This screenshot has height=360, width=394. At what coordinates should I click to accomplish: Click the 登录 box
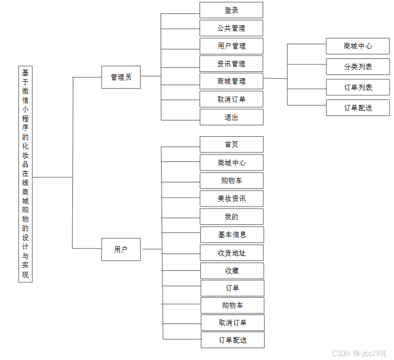click(x=231, y=10)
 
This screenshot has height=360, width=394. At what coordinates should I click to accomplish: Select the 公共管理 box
click(x=231, y=28)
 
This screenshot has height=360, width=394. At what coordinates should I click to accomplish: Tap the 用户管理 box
click(x=231, y=46)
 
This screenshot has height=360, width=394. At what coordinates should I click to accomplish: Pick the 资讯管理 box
click(x=231, y=64)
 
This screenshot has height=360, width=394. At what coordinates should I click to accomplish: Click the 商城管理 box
click(x=231, y=81)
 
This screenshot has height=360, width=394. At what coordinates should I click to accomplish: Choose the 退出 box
click(x=231, y=117)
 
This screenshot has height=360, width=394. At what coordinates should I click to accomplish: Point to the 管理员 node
click(x=121, y=77)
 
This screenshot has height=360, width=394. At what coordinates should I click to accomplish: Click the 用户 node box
click(x=121, y=249)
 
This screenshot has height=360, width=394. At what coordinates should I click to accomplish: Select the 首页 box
click(x=231, y=145)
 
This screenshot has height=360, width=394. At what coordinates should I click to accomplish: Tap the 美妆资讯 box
click(x=231, y=199)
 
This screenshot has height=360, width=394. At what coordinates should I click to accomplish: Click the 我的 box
click(x=231, y=217)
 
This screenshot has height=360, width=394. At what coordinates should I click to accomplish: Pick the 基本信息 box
click(x=231, y=235)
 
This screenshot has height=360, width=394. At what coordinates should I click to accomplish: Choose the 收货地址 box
click(x=231, y=253)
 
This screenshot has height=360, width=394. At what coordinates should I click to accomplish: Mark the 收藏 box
click(x=232, y=271)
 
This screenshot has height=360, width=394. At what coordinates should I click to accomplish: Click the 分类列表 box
click(x=358, y=66)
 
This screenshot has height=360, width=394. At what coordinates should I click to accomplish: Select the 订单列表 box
click(x=358, y=88)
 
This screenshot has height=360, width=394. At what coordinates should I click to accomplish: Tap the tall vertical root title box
click(x=25, y=174)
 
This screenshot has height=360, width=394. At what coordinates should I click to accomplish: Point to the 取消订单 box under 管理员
click(x=231, y=100)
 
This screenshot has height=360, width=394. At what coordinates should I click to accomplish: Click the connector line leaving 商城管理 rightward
click(x=275, y=78)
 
